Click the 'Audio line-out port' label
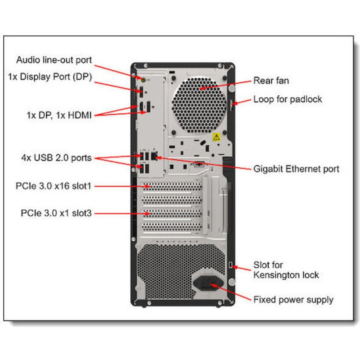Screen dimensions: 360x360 click(x=54, y=60)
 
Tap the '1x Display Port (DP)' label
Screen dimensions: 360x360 click(x=50, y=76)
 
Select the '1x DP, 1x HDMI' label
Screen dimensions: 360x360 click(x=59, y=115)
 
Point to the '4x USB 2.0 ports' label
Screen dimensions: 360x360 click(x=56, y=158)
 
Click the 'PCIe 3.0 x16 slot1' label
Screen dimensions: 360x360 click(x=56, y=185)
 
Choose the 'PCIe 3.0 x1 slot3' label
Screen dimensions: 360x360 click(x=56, y=213)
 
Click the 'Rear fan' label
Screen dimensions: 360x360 click(x=271, y=81)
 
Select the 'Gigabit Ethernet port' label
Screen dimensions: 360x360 click(x=297, y=169)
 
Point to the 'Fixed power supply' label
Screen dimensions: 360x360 click(x=293, y=299)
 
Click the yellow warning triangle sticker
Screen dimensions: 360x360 click(x=216, y=136)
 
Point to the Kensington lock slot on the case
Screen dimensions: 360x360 click(x=231, y=265)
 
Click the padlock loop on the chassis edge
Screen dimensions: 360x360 click(x=230, y=104)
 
